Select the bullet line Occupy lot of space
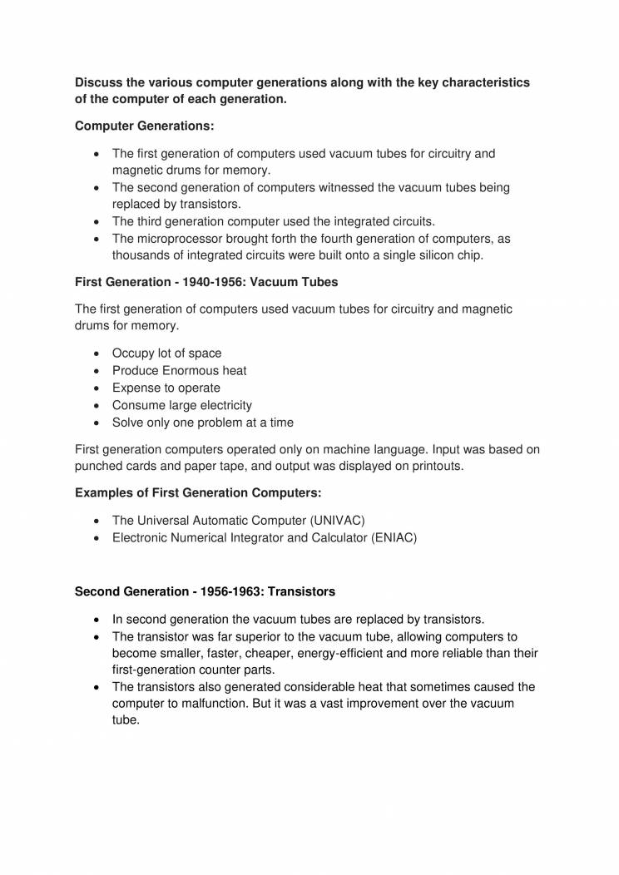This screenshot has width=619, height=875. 166,353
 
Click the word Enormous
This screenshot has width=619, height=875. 189,370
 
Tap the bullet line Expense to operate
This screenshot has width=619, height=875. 166,388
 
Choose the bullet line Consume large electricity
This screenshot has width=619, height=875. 181,405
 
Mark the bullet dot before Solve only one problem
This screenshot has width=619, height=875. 99,423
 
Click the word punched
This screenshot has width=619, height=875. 99,466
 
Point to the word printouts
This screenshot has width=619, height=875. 433,466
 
